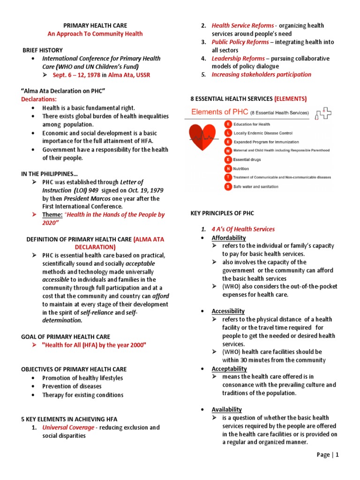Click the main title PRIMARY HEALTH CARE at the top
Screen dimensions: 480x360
(95, 25)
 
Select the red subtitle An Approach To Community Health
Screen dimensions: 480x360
(95, 34)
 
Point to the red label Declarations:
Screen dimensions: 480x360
(39, 99)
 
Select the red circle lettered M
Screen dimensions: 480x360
(228, 150)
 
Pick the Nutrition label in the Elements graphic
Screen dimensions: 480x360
(241, 168)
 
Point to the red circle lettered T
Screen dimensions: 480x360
(228, 177)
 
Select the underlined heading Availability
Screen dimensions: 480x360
(226, 409)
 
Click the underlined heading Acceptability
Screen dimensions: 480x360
(229, 368)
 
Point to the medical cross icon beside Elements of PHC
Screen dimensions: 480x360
(323, 113)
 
